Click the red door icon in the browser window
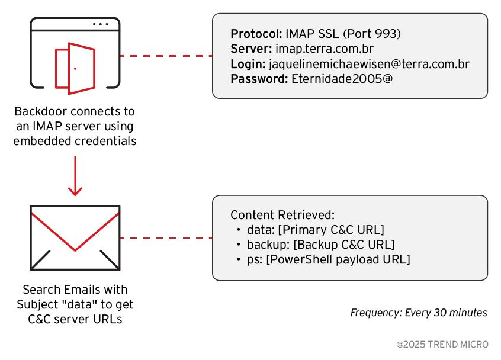(x=75, y=68)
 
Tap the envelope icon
(x=75, y=237)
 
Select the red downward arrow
(x=75, y=176)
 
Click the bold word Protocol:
(x=256, y=33)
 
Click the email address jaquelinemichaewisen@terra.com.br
(x=369, y=63)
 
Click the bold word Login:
(x=248, y=63)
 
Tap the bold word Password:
(x=259, y=79)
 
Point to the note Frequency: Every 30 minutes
(x=419, y=313)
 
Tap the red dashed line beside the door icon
(x=166, y=56)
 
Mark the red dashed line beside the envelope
(x=166, y=238)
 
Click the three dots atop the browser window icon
(x=100, y=24)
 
